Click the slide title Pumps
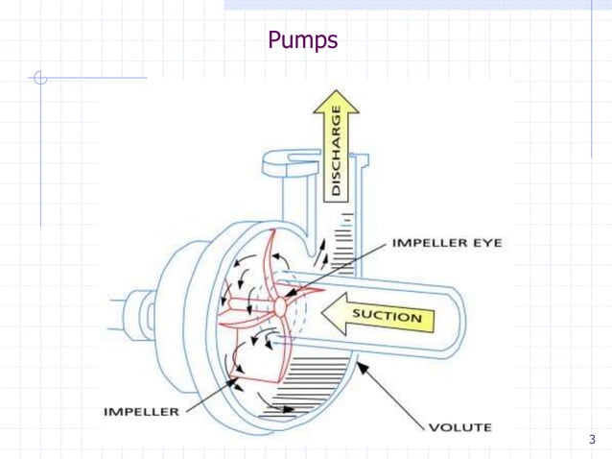302,41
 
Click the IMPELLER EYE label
446,244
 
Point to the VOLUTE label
461,426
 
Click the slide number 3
592,440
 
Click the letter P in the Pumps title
273,41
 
